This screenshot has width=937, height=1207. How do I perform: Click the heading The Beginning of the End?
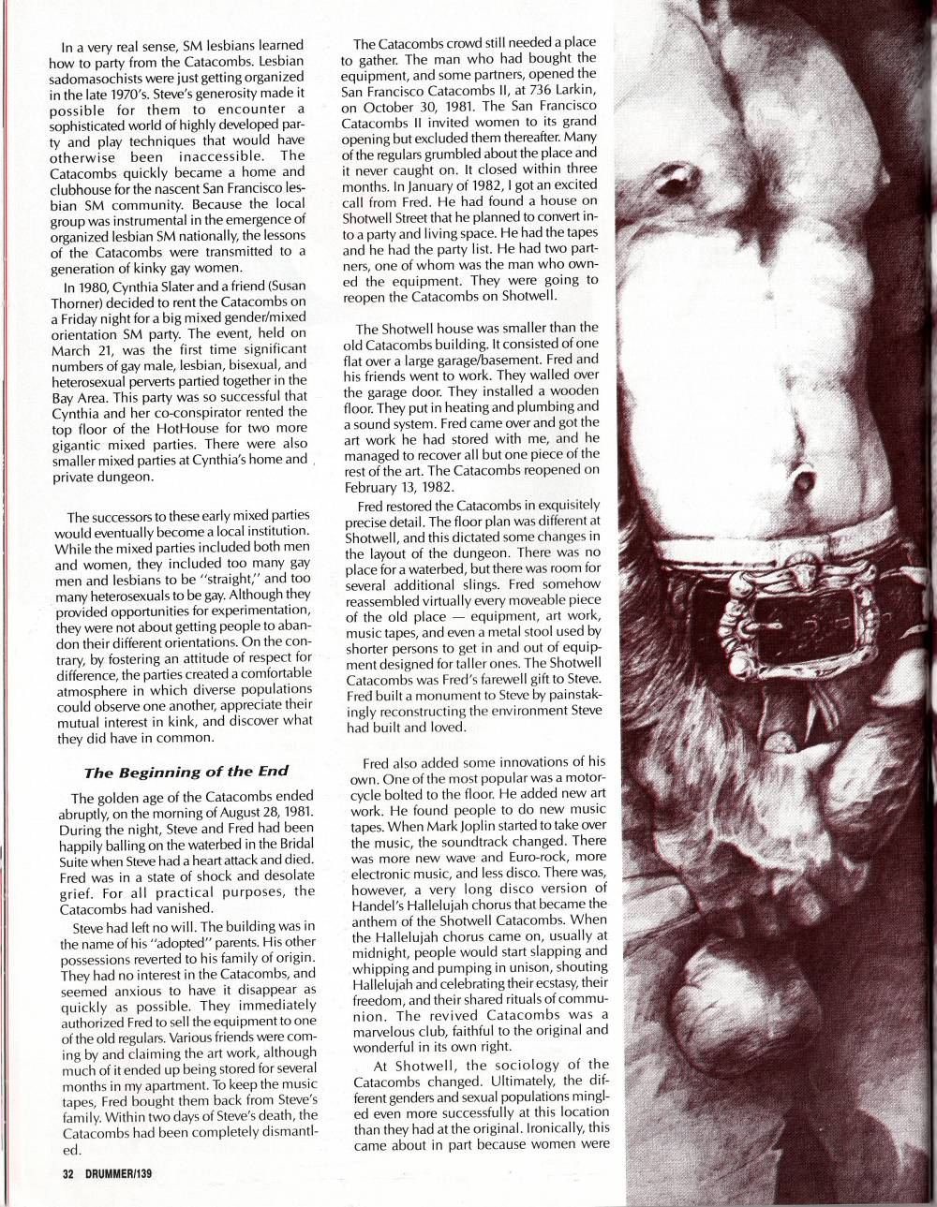186,772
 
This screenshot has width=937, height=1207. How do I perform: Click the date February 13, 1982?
396,487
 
